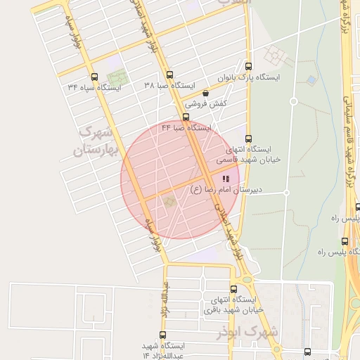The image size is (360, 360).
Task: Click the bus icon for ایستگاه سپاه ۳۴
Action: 94,77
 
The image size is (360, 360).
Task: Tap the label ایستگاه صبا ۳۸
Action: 169,85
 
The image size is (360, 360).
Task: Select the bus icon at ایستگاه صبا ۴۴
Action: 186,117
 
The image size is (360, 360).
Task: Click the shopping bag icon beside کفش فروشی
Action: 205,93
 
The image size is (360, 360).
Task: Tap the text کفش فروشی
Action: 179,103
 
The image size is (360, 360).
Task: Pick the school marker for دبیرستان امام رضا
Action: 225,179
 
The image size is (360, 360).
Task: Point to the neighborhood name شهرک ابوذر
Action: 254,330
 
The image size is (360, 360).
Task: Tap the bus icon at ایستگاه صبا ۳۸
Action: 169,75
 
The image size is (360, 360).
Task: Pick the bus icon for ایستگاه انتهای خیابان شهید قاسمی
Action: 247,139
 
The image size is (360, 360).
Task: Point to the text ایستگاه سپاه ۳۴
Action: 95,87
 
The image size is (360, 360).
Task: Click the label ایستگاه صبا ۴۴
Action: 186,128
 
